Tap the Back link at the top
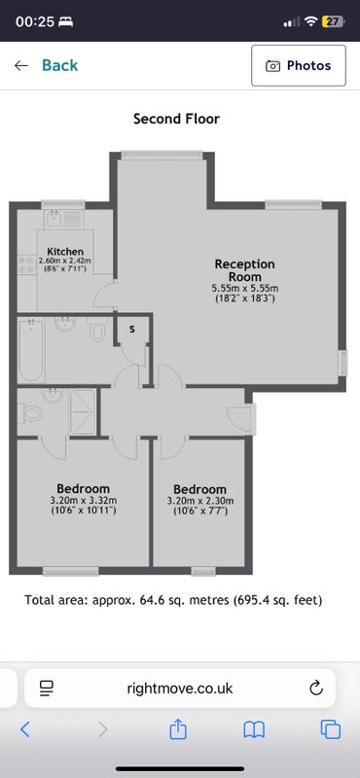(x=46, y=65)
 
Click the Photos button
(x=299, y=65)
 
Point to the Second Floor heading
(x=176, y=119)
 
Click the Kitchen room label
(x=65, y=251)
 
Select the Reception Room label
(x=244, y=270)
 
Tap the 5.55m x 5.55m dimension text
(x=244, y=288)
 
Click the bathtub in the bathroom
(x=31, y=350)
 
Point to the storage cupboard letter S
(x=131, y=329)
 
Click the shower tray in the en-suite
(x=82, y=411)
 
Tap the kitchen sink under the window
(x=54, y=218)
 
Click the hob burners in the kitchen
(x=27, y=265)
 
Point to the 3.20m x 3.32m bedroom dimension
(x=83, y=500)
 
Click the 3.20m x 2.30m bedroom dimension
(x=199, y=501)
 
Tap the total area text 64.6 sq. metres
(x=174, y=600)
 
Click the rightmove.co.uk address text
(x=180, y=689)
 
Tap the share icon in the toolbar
(x=178, y=729)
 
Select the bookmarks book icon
(x=254, y=730)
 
